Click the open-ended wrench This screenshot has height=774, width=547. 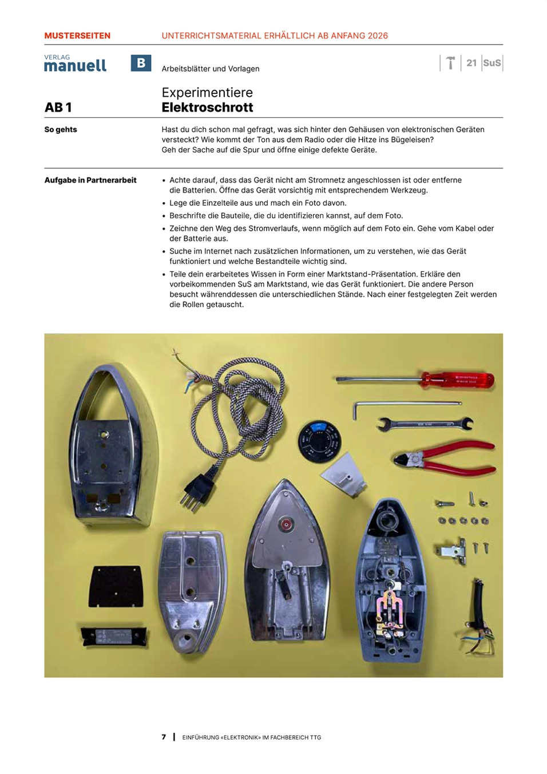425,424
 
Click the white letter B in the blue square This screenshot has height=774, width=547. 141,63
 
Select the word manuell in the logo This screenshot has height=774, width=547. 75,66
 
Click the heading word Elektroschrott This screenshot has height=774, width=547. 207,108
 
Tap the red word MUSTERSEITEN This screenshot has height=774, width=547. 77,35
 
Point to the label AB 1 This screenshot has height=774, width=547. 58,108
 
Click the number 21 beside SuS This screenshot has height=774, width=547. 471,63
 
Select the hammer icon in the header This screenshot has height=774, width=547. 451,63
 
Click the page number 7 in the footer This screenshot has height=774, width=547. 164,737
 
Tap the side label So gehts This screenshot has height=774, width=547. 61,129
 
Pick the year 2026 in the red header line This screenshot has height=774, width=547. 378,35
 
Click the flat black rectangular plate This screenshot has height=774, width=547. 116,586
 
